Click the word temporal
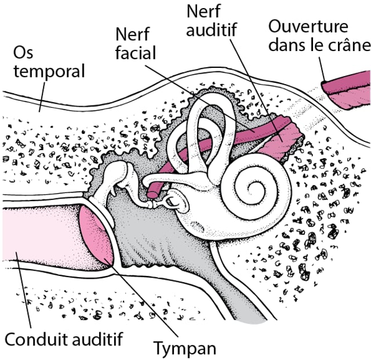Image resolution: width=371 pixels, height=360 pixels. click(x=49, y=72)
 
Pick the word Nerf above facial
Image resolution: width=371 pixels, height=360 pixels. click(x=133, y=34)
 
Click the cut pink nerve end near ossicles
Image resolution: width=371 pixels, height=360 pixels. click(x=152, y=191)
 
